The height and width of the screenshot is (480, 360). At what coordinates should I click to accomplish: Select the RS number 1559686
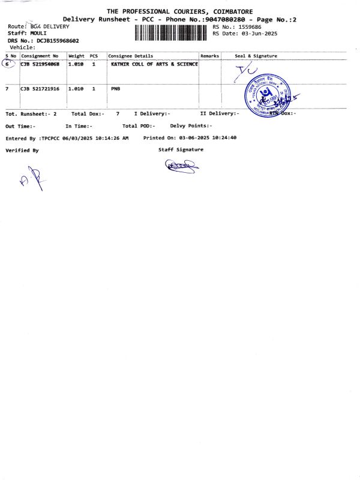click(x=249, y=27)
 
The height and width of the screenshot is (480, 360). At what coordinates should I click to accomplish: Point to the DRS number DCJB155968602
click(x=58, y=41)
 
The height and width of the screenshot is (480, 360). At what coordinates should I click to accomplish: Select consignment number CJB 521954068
click(x=40, y=64)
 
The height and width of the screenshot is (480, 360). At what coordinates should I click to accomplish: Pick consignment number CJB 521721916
click(x=40, y=88)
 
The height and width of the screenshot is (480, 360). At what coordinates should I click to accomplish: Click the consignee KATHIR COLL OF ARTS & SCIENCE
click(x=154, y=64)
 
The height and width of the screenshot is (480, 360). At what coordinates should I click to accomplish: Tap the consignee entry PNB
click(x=116, y=88)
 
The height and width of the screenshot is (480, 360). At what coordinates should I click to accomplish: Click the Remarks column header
click(x=209, y=56)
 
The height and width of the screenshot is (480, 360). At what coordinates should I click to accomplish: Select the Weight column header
click(x=76, y=56)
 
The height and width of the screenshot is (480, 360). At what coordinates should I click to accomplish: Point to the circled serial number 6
click(x=8, y=64)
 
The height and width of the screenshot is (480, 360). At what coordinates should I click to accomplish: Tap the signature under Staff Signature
click(x=182, y=164)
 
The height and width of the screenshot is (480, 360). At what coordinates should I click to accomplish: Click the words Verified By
click(x=22, y=151)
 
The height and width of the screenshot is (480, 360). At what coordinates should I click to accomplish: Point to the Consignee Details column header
click(x=131, y=56)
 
